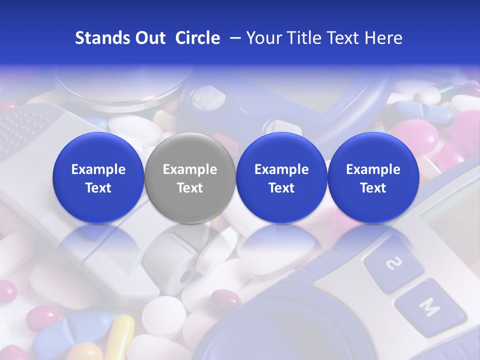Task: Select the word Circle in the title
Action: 197,38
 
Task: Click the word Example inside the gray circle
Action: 190,169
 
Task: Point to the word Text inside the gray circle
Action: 190,188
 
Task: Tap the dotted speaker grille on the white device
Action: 22,125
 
